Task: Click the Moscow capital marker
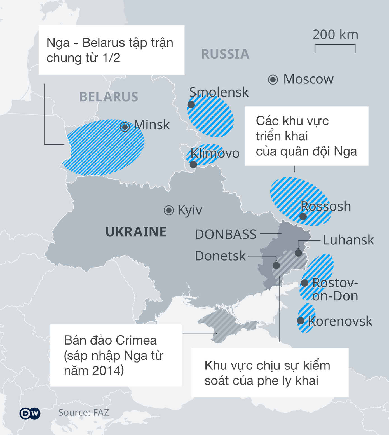[x=273, y=79]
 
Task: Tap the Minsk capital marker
[x=125, y=127]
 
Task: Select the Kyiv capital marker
[x=169, y=210]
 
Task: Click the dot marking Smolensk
[x=191, y=105]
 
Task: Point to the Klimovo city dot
[x=193, y=165]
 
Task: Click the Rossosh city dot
[x=303, y=216]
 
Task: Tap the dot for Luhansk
[x=298, y=253]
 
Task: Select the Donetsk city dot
[x=276, y=265]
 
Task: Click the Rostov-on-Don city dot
[x=304, y=283]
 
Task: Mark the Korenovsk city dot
[x=301, y=321]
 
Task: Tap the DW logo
[x=30, y=413]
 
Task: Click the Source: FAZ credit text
[x=83, y=413]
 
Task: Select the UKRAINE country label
[x=136, y=232]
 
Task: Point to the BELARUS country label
[x=109, y=97]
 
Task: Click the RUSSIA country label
[x=225, y=54]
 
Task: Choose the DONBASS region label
[x=226, y=234]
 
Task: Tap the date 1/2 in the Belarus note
[x=111, y=58]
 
